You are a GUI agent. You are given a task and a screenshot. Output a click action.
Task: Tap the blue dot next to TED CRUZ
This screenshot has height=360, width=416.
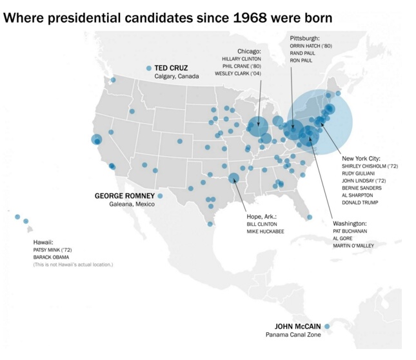pos(148,68)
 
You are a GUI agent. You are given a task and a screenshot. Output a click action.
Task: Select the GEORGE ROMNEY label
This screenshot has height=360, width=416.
pos(124,195)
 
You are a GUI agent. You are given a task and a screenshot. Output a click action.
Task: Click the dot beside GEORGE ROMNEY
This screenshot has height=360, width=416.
pos(160,196)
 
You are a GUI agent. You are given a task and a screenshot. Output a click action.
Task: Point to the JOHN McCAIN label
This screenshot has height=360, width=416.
pos(298,326)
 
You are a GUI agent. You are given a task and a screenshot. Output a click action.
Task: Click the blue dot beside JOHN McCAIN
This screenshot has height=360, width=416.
pos(327,326)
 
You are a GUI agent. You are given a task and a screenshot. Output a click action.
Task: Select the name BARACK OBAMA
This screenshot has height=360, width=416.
pos(51,257)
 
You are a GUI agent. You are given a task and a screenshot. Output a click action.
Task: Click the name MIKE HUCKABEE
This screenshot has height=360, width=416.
pos(265,231)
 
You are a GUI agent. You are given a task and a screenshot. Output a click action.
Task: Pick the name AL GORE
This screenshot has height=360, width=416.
pos(343,238)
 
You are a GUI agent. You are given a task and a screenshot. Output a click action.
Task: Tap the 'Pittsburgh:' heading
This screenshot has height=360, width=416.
pos(304,38)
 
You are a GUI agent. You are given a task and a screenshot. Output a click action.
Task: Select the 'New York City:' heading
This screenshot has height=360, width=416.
pos(361,158)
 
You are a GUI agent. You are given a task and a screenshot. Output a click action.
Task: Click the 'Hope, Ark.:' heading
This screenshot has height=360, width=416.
pos(261,216)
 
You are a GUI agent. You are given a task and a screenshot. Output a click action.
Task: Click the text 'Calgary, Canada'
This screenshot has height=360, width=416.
pos(176,76)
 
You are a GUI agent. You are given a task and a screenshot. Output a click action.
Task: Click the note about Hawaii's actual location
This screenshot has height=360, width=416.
pos(73,265)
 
